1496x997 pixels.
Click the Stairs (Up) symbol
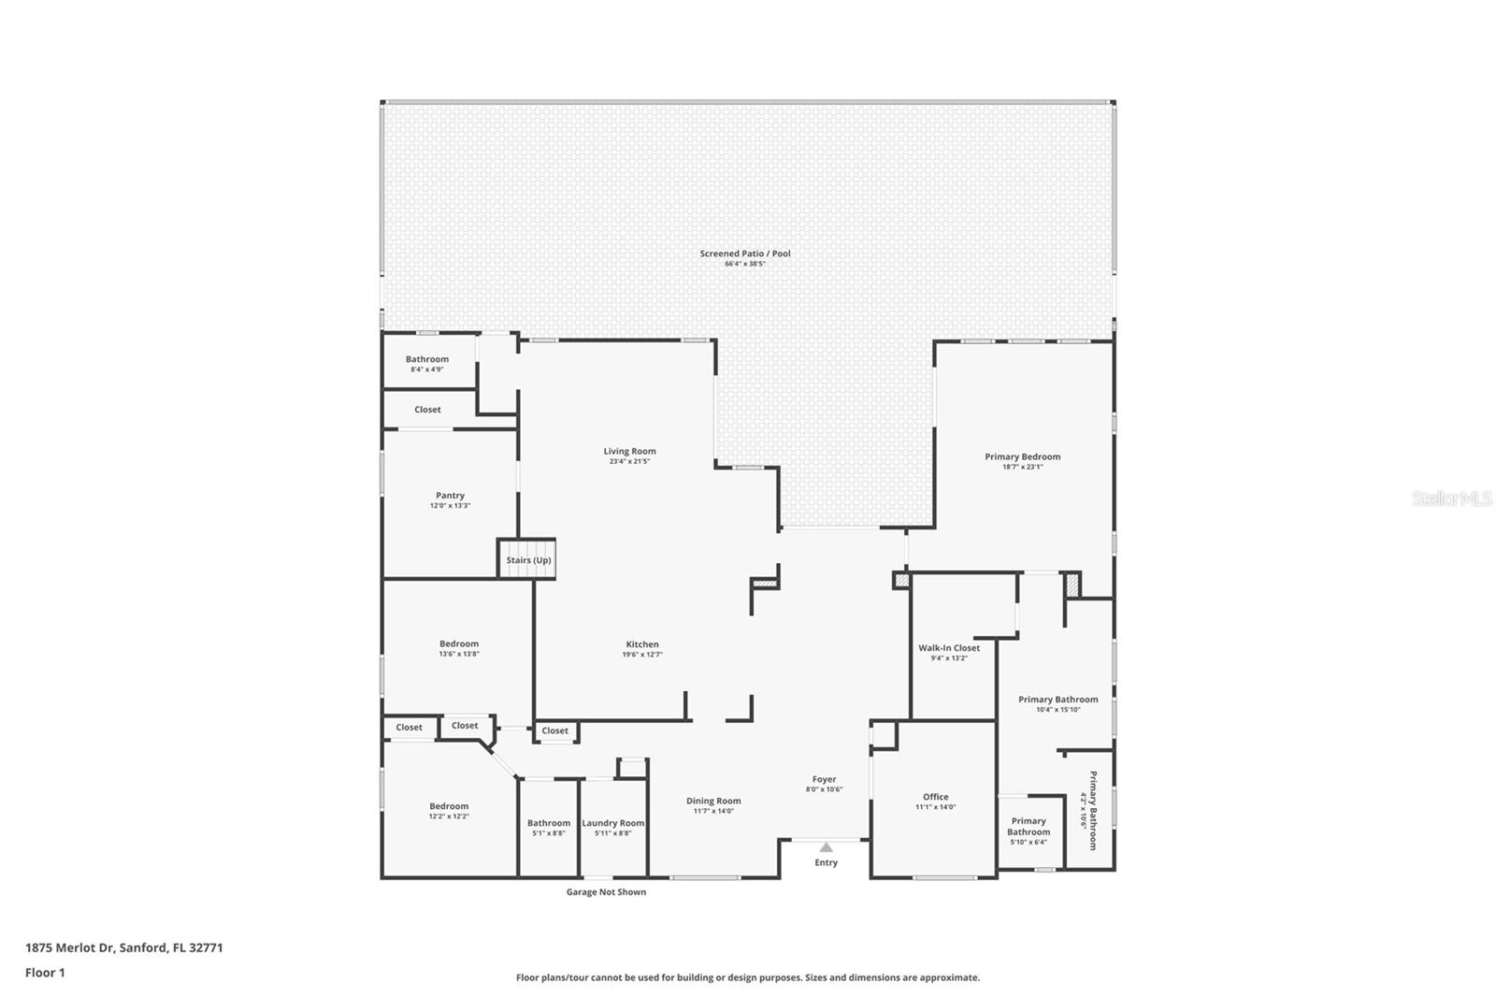point(527,558)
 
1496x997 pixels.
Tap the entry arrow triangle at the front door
point(827,847)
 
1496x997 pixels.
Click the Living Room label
point(630,451)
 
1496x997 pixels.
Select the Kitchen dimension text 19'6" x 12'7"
point(642,655)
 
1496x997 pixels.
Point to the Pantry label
point(450,495)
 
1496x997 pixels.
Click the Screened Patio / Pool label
point(745,253)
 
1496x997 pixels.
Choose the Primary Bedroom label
point(1023,456)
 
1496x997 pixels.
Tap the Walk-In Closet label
point(949,647)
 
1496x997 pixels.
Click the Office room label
point(936,797)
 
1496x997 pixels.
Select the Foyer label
point(824,779)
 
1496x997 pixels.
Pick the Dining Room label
point(713,801)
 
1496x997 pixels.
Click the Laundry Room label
point(613,823)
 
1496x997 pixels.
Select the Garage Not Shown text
point(607,891)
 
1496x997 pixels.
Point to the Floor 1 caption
point(46,973)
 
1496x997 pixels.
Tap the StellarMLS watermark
point(1452,498)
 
